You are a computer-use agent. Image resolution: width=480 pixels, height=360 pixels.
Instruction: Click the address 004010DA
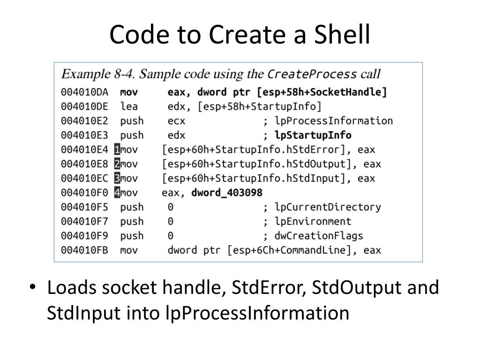tap(84, 92)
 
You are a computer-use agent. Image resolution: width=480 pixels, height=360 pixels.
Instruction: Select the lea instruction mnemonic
tap(129, 106)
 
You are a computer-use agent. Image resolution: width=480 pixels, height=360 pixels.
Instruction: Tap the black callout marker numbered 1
tap(117, 150)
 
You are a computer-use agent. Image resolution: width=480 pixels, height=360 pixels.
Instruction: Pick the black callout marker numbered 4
tap(117, 193)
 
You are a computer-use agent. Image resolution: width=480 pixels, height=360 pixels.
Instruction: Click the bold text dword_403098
tap(227, 193)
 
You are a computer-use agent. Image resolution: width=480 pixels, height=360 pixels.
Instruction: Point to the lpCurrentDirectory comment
tap(328, 207)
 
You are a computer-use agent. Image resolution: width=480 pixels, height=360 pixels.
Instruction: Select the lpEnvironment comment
tap(313, 221)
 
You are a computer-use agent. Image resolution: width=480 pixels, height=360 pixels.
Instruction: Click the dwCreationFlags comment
tap(319, 236)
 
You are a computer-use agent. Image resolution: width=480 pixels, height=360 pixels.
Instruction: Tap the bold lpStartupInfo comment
tap(313, 135)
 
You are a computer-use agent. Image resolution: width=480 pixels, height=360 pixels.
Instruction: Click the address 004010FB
tap(84, 250)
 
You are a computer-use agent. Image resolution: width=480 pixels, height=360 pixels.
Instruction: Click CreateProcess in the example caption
tap(312, 74)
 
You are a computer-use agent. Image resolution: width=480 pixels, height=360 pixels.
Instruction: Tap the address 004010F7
tap(84, 221)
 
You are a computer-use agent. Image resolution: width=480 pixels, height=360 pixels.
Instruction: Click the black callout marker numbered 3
tap(117, 179)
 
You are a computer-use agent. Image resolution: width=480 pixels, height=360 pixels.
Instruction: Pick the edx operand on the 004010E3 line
tap(176, 135)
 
